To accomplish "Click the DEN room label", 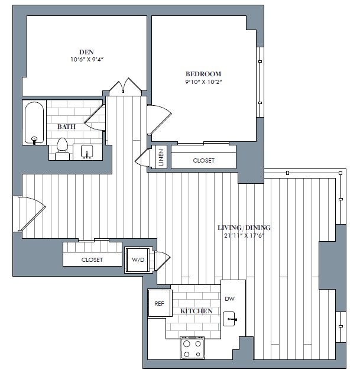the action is click(86, 52).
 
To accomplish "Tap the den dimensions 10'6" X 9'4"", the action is click(87, 60).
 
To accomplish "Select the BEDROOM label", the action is click(203, 74).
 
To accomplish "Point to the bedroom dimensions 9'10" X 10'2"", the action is click(203, 82).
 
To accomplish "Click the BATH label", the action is click(66, 127).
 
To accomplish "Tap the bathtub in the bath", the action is click(34, 123).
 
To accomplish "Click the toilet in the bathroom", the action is click(62, 149).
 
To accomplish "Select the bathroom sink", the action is click(87, 151).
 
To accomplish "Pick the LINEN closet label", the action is click(161, 157).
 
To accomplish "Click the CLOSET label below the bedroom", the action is click(204, 161).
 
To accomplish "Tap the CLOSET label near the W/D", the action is click(92, 260).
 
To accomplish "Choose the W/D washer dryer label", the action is click(138, 260).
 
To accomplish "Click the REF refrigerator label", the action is click(159, 303).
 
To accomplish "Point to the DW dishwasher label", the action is click(229, 299).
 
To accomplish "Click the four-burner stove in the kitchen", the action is click(192, 348).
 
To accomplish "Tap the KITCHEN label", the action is click(196, 311).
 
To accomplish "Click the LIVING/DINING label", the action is click(244, 228).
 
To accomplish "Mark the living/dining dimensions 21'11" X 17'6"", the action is click(244, 236).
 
